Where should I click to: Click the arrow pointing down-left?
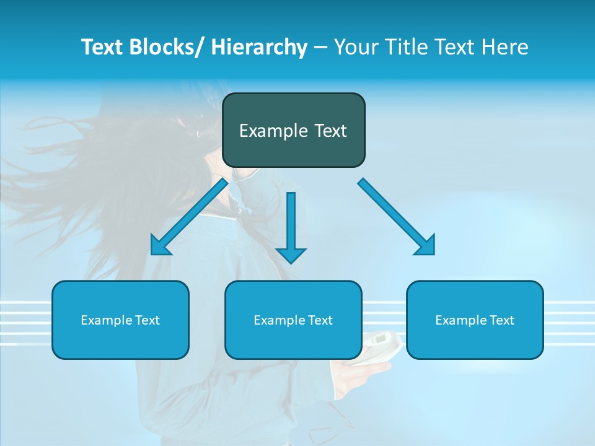(189, 217)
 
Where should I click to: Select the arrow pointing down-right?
(397, 217)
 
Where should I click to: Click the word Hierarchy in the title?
(259, 47)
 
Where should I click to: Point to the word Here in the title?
(506, 47)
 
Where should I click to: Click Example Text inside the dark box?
(293, 131)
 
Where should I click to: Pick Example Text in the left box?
(120, 320)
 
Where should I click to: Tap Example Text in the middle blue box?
(293, 320)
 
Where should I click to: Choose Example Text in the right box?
(475, 320)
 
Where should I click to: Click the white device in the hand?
(379, 344)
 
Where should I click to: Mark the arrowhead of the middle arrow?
(291, 255)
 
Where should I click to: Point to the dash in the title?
(320, 47)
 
